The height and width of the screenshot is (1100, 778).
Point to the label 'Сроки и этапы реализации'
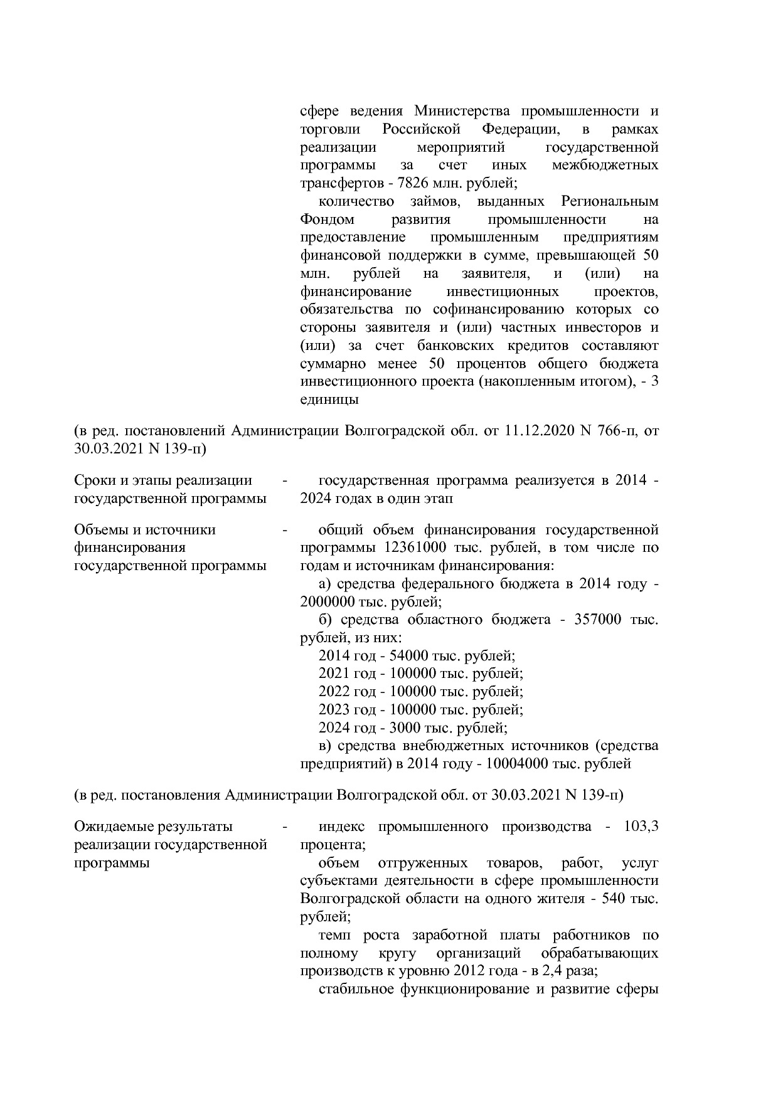[163, 480]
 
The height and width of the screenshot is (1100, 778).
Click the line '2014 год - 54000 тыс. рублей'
[417, 656]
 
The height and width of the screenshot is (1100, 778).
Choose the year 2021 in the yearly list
[333, 674]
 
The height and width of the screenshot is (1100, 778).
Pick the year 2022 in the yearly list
[333, 692]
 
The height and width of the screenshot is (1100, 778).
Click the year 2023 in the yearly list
[333, 710]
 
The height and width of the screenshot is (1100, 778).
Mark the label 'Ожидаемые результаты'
[153, 827]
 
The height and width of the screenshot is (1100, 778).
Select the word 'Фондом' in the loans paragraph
[327, 219]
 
